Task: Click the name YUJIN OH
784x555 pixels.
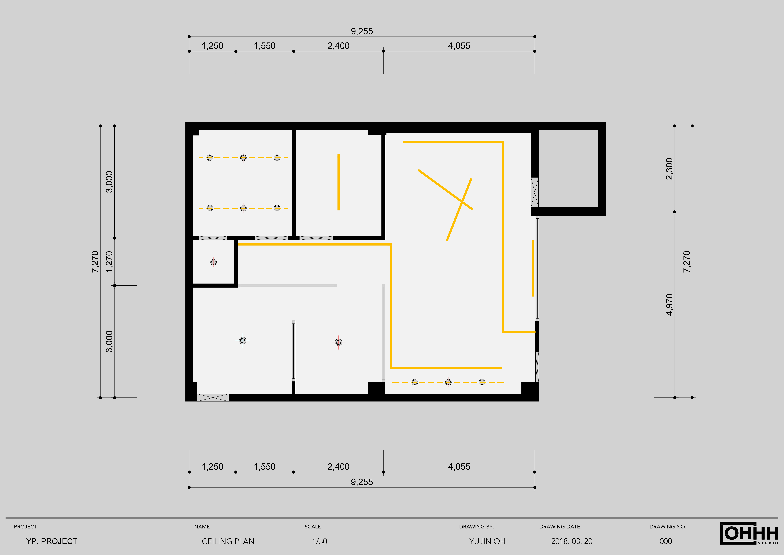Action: (487, 541)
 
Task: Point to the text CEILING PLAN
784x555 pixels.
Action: (228, 541)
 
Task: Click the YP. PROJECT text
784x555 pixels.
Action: (52, 541)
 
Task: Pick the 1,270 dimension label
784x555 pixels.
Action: (109, 262)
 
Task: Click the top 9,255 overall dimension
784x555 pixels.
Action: (362, 31)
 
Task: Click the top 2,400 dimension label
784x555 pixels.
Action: (338, 46)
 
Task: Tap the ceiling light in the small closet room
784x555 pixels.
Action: (213, 262)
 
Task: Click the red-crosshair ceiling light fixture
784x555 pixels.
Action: (242, 340)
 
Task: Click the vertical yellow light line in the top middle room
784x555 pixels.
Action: (338, 182)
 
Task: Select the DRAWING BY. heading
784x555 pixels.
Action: (476, 527)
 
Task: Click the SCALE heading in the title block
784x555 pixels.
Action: (313, 527)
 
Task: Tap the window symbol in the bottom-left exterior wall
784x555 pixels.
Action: (213, 397)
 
